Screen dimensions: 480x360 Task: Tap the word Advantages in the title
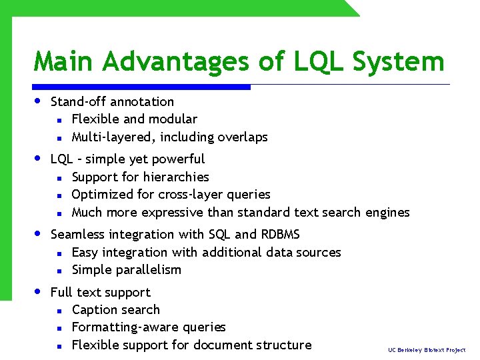pyautogui.click(x=175, y=63)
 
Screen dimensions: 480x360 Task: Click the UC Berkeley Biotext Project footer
pyautogui.click(x=427, y=349)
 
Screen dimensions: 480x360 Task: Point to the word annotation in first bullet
pyautogui.click(x=142, y=102)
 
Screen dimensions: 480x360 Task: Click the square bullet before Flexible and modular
pyautogui.click(x=59, y=120)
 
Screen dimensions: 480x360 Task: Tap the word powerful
pyautogui.click(x=179, y=159)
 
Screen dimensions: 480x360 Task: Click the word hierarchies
pyautogui.click(x=177, y=177)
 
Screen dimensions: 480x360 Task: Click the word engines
pyautogui.click(x=387, y=213)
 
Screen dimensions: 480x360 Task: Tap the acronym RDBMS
pyautogui.click(x=280, y=235)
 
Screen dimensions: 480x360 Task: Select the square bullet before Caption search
pyautogui.click(x=59, y=311)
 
